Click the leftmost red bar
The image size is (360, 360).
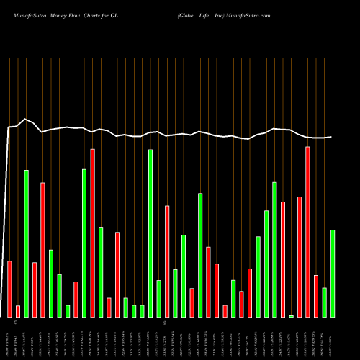pos(10,289)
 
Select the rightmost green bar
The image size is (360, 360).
pos(333,274)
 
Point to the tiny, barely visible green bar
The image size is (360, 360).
pos(292,315)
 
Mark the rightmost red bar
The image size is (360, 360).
pos(316,296)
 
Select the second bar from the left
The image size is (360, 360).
pos(18,311)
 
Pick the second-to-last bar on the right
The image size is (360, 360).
pos(325,302)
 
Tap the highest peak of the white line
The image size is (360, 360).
pos(26,119)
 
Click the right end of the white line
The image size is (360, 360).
pos(332,137)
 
